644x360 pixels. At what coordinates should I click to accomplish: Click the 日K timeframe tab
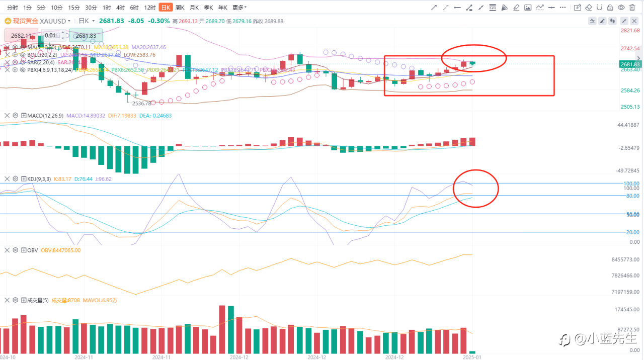pyautogui.click(x=165, y=8)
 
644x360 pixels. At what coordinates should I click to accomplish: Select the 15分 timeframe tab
pyautogui.click(x=74, y=8)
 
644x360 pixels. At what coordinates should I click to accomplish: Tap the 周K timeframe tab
pyautogui.click(x=180, y=8)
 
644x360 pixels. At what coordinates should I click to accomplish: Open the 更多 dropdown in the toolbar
pyautogui.click(x=239, y=8)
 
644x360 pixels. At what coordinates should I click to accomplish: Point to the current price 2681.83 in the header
pyautogui.click(x=112, y=21)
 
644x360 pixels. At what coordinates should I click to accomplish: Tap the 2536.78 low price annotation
pyautogui.click(x=141, y=103)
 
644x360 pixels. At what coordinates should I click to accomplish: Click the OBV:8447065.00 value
pyautogui.click(x=60, y=250)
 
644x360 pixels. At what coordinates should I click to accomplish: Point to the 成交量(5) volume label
pyautogui.click(x=37, y=300)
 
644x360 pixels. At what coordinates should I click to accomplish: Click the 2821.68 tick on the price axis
pyautogui.click(x=630, y=31)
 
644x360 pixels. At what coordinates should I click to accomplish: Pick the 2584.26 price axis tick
pyautogui.click(x=630, y=91)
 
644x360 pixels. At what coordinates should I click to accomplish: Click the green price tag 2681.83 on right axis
pyautogui.click(x=630, y=64)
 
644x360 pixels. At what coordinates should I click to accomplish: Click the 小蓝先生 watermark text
pyautogui.click(x=606, y=339)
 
